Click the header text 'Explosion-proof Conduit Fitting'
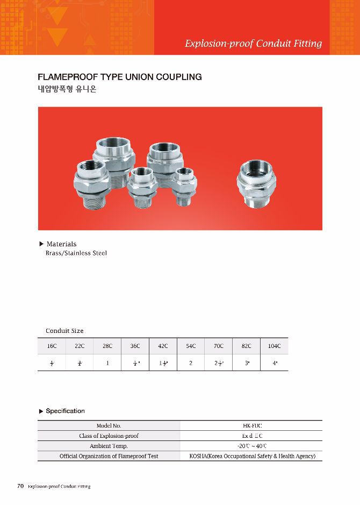pos(253,44)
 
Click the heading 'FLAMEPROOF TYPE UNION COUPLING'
pos(120,77)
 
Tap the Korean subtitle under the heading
pos(67,89)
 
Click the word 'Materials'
pos(62,244)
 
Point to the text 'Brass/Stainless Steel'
pos(76,253)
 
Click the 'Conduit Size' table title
pos(64,331)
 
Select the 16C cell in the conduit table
pos(52,346)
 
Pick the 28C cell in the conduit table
pos(107,346)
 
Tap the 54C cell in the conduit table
pos(191,346)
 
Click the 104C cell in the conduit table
pos(274,346)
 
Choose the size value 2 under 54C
pos(191,363)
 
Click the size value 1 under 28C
pos(107,363)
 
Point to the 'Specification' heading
pos(65,411)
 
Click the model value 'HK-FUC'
pos(252,425)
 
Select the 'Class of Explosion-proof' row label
pos(109,436)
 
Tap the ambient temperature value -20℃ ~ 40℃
pos(252,446)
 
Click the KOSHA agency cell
pos(252,456)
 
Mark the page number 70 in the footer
pos(20,486)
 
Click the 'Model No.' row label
pos(109,425)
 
